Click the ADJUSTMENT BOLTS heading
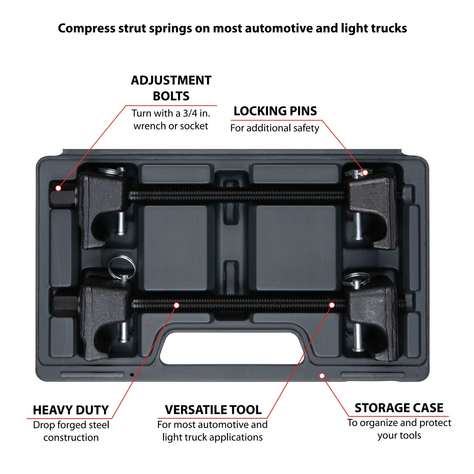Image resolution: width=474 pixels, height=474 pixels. click(x=171, y=88)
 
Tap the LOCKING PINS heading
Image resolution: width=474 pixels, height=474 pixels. click(x=275, y=111)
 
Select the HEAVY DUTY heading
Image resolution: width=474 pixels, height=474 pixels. click(x=71, y=410)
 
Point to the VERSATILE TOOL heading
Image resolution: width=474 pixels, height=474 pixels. click(x=213, y=410)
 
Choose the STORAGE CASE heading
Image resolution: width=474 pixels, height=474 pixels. click(x=399, y=408)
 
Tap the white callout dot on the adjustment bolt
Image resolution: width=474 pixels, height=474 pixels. click(x=58, y=188)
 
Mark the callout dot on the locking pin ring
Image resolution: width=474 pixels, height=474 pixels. click(x=365, y=173)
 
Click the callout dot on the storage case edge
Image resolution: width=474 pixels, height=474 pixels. click(x=322, y=376)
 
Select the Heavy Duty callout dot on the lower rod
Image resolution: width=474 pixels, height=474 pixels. click(x=177, y=305)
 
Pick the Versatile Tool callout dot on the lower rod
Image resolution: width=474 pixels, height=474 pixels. click(x=332, y=305)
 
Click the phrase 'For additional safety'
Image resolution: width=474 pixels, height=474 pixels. click(x=275, y=128)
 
